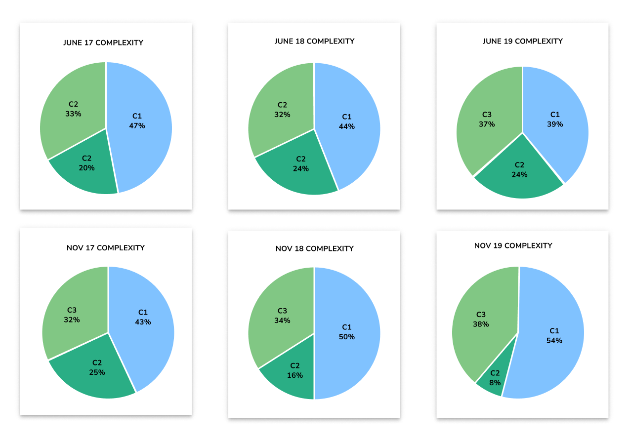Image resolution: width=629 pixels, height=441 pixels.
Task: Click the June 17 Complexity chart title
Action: [103, 43]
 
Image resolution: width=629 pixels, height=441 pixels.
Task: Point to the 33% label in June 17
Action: [73, 114]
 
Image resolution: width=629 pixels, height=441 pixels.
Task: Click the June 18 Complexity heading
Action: [314, 41]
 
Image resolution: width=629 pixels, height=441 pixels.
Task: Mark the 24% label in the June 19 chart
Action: [520, 174]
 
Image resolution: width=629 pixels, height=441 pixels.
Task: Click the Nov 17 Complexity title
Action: [106, 248]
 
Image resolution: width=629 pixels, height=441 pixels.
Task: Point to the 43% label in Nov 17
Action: [143, 322]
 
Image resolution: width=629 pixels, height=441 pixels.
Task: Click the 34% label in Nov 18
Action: [282, 321]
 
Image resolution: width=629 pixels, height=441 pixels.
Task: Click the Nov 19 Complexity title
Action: [513, 246]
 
